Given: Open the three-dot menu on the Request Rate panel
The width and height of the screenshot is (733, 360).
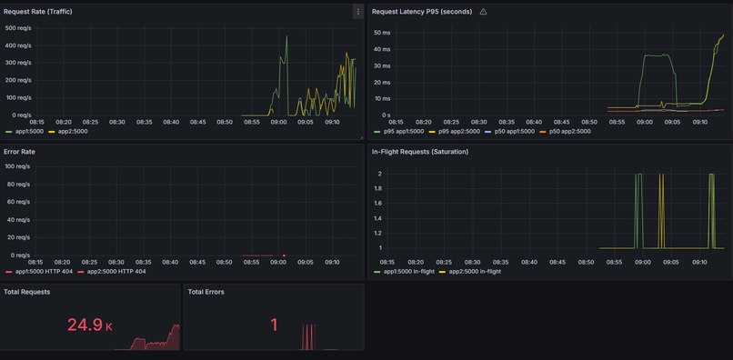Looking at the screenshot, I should [x=357, y=12].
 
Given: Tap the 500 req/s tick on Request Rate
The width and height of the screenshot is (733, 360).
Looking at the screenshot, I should [x=18, y=28].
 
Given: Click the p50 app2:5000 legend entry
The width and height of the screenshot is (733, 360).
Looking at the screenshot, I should [x=568, y=132].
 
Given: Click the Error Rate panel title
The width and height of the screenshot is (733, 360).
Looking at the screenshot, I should [x=21, y=151].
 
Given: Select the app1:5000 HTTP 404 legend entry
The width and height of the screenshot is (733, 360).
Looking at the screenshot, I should [x=40, y=272].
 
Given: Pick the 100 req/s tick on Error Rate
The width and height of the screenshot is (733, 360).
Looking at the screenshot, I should [x=18, y=166].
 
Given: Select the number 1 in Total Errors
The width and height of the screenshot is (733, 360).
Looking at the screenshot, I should [x=274, y=325].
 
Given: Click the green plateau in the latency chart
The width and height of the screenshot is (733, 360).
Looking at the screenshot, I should [x=657, y=55].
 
